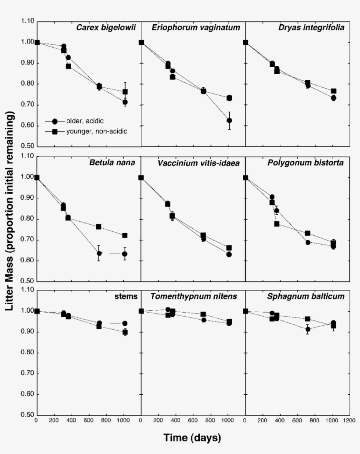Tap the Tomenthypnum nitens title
(x=194, y=296)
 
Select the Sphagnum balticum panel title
(x=306, y=296)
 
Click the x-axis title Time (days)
(x=192, y=438)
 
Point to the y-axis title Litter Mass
(x=10, y=211)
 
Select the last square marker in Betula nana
(x=125, y=235)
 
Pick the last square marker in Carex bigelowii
(x=125, y=92)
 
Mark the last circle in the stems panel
(x=125, y=323)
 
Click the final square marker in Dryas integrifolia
(x=334, y=91)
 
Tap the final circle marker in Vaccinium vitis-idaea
(x=229, y=254)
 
